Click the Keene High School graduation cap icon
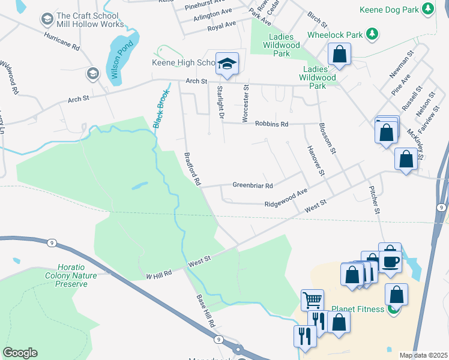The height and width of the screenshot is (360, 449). pos(228,63)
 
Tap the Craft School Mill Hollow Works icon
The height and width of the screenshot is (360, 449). pos(46,20)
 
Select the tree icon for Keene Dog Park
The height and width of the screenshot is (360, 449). pos(427,8)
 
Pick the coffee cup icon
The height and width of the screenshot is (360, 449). pos(390,262)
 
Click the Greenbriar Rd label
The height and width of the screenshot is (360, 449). pos(253,185)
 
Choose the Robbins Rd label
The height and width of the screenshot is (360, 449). pos(271,124)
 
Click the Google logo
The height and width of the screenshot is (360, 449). pos(20,353)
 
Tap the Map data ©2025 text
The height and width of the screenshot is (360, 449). pos(424,355)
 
